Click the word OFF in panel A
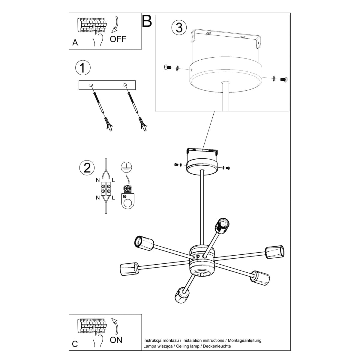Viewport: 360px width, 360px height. coord(118,39)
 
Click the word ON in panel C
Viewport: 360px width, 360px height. coord(116,340)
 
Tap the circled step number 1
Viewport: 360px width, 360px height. coord(83,67)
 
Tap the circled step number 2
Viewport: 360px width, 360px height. coord(87,167)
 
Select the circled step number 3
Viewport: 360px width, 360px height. coord(179,28)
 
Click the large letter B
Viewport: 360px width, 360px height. coord(147,21)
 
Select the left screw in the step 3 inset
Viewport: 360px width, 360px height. coord(168,68)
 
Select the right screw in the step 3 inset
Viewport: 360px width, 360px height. coord(283,79)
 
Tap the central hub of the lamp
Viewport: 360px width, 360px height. coord(202,260)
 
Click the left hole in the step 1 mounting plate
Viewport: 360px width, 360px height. coord(91,85)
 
